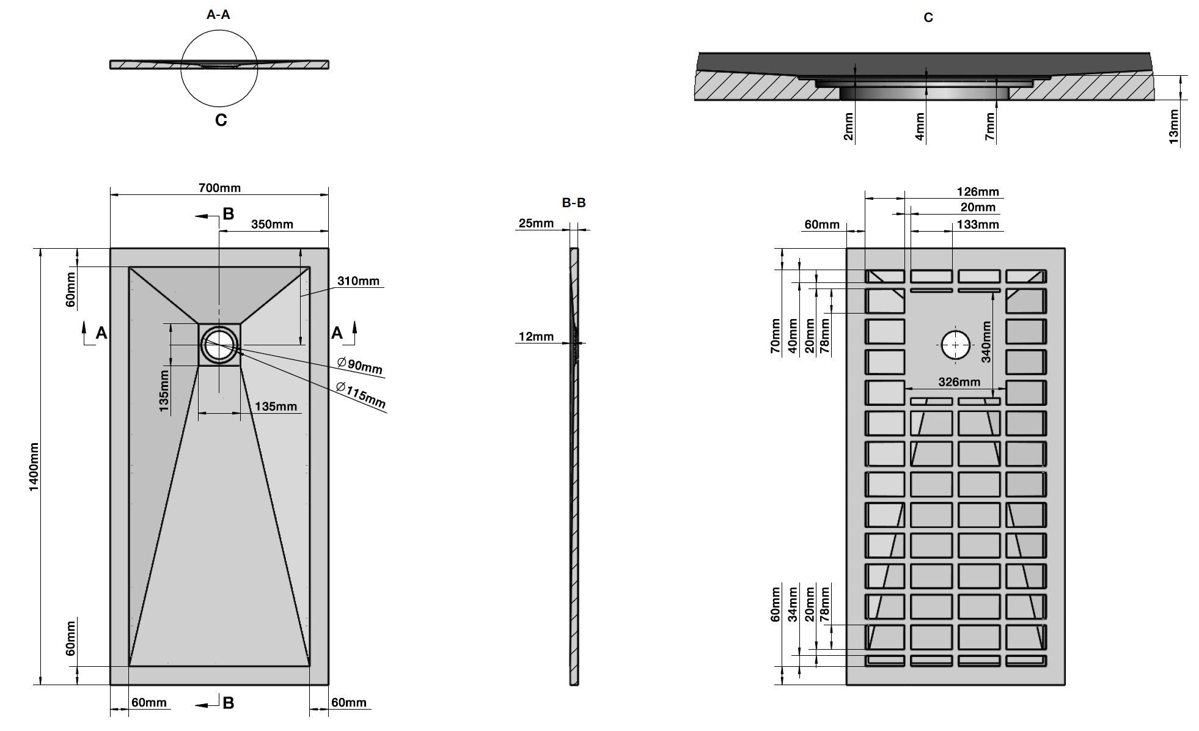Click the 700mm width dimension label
tap(219, 188)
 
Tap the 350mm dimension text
tap(272, 224)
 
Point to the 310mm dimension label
tap(358, 281)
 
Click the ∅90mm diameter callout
tap(360, 365)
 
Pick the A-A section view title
tap(218, 15)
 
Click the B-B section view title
tap(574, 202)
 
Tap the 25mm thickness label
tap(536, 223)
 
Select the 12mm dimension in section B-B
tap(536, 336)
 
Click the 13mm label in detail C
tap(1174, 127)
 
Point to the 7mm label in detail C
tap(990, 127)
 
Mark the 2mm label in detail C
tap(848, 127)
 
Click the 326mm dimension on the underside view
tap(959, 382)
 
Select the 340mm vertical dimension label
tap(986, 342)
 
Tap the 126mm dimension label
tap(978, 192)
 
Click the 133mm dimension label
tap(978, 224)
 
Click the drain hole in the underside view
tap(955, 345)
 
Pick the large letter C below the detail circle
tap(221, 120)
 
